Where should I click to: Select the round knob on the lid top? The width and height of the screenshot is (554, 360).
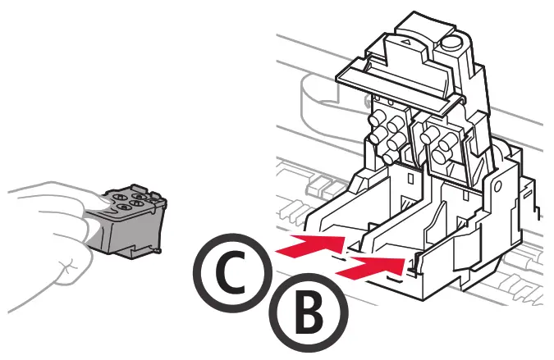(x=450, y=42)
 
